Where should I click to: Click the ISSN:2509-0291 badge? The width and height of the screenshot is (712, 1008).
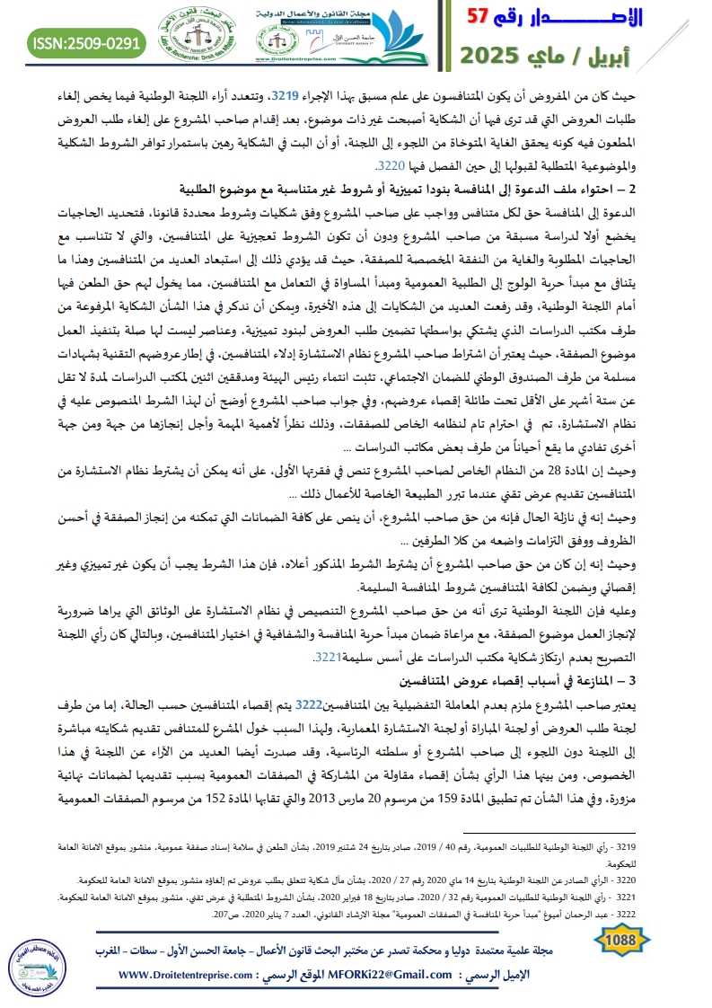(x=87, y=41)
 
